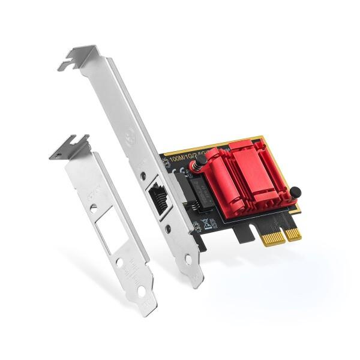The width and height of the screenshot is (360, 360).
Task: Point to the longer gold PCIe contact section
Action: tap(274, 236)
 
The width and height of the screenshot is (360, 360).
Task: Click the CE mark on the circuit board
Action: tap(180, 170)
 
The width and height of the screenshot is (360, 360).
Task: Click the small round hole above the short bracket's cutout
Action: tap(94, 207)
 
